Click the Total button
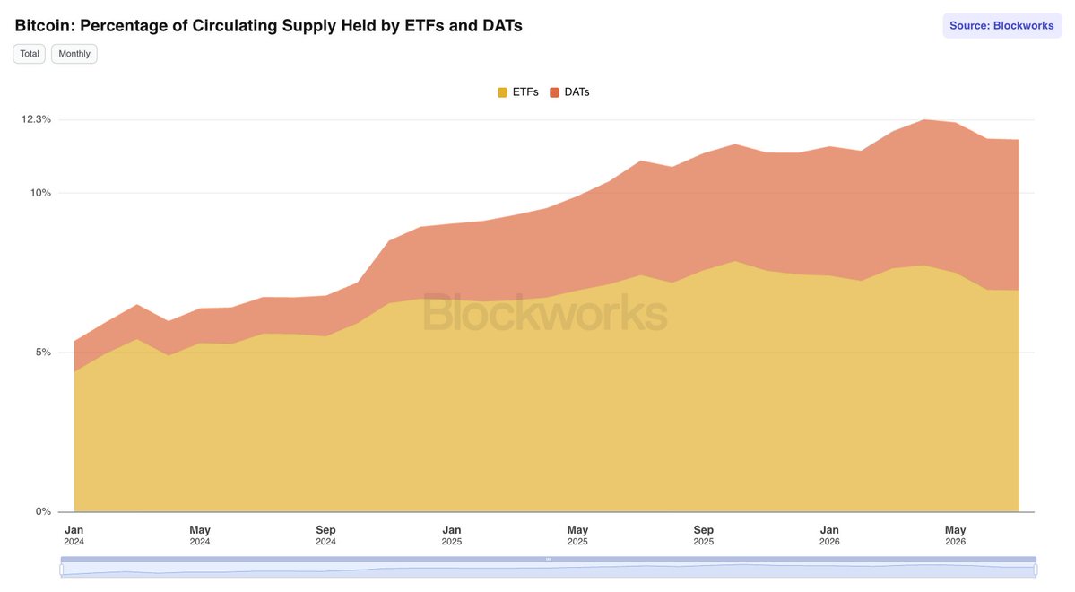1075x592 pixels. click(x=29, y=54)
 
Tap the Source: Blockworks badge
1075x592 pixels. click(x=1001, y=25)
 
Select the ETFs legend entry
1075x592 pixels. click(x=518, y=91)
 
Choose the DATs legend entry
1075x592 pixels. click(x=569, y=91)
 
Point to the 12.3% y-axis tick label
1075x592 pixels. click(x=37, y=119)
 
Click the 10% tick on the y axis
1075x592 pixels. click(x=40, y=193)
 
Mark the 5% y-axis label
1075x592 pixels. click(x=43, y=352)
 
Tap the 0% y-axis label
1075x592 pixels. click(x=43, y=511)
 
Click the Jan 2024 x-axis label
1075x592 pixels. click(x=74, y=535)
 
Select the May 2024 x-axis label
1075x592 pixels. click(x=200, y=535)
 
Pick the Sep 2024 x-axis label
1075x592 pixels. click(x=325, y=535)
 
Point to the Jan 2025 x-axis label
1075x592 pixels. click(x=452, y=535)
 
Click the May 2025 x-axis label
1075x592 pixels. click(x=577, y=535)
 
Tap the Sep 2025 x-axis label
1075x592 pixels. click(x=704, y=535)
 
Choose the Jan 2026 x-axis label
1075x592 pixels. click(x=829, y=535)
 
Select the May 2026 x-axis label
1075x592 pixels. click(x=955, y=535)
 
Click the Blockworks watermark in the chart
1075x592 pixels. click(x=545, y=313)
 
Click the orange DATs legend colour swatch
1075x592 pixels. click(x=555, y=92)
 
